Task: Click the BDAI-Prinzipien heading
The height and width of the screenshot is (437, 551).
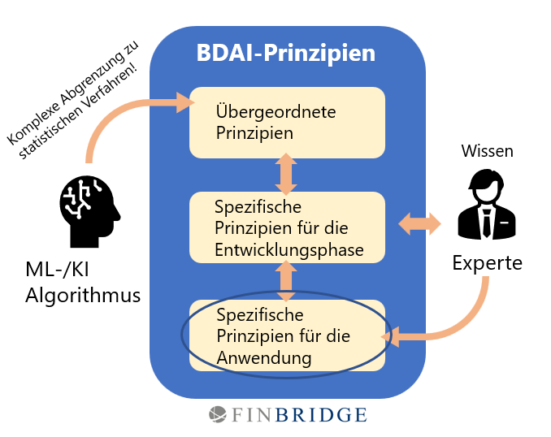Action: [286, 54]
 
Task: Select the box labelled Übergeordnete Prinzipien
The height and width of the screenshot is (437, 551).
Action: [287, 123]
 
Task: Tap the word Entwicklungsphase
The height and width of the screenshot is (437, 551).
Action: [289, 250]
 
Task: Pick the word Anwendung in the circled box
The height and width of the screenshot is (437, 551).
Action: [264, 359]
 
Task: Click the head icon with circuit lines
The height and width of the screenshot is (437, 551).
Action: [89, 211]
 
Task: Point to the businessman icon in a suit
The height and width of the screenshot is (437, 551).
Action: [487, 205]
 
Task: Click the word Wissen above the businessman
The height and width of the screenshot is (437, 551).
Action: [488, 151]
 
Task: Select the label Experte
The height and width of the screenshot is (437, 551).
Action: [488, 263]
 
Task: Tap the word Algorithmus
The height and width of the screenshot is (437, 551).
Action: [83, 295]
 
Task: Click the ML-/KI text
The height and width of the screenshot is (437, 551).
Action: [57, 270]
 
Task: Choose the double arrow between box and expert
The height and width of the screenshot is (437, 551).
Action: [419, 223]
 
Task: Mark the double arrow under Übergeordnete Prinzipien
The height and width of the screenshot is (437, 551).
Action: [286, 174]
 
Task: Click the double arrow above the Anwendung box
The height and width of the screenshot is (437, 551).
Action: [286, 281]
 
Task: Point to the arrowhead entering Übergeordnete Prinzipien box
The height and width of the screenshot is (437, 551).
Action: [185, 102]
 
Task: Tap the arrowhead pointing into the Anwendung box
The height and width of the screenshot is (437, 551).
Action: [390, 336]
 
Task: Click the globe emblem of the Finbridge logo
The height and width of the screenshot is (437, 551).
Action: [218, 414]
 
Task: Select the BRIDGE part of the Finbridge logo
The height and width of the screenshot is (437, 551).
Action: [321, 415]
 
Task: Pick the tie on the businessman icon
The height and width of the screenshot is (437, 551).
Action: [487, 223]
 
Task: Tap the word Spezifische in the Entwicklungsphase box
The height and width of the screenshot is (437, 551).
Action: [258, 206]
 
